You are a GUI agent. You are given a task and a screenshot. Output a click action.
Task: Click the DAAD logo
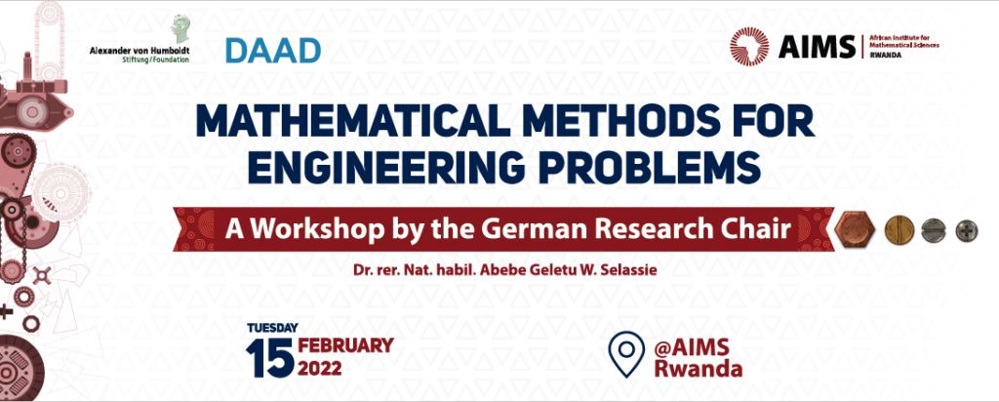[273, 51]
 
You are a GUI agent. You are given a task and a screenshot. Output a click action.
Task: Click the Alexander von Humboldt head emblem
[180, 29]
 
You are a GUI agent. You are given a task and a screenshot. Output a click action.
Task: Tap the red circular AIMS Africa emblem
[749, 47]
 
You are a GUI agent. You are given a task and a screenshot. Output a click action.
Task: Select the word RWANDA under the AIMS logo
[885, 55]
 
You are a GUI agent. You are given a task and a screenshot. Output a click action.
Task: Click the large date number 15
[270, 357]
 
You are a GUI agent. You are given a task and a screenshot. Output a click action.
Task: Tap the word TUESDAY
[272, 328]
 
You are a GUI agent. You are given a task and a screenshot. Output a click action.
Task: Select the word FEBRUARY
[346, 346]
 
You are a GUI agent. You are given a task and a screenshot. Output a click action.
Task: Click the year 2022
[320, 368]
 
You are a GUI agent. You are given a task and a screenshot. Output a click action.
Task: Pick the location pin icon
[626, 354]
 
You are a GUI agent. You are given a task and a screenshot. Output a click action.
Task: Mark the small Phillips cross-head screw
[967, 230]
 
